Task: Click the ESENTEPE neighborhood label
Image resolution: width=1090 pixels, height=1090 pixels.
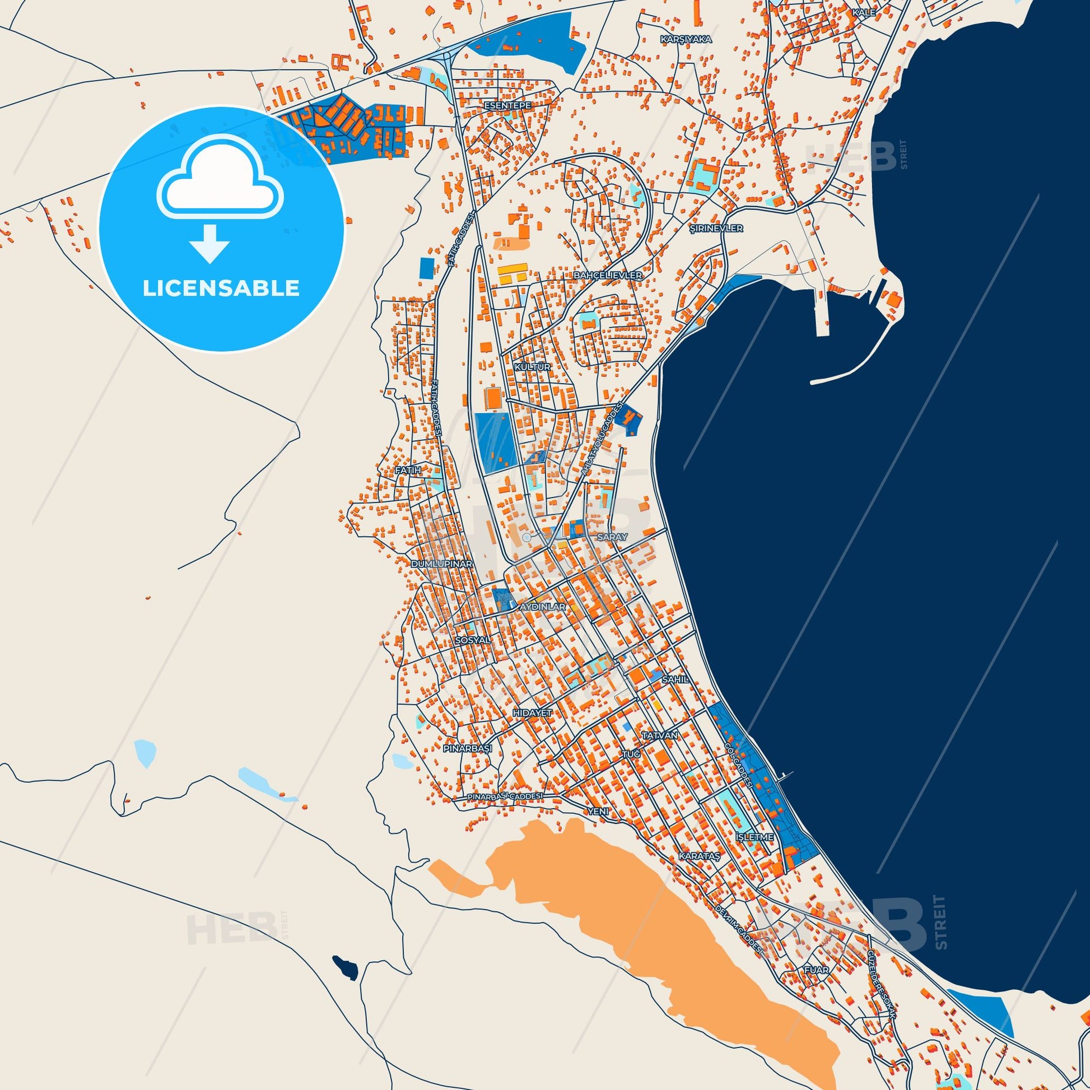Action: [x=504, y=105]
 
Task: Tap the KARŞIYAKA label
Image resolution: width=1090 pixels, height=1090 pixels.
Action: [x=686, y=40]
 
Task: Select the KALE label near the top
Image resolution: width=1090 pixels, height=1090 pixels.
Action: [x=864, y=12]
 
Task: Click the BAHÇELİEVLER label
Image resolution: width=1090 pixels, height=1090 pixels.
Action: [x=608, y=276]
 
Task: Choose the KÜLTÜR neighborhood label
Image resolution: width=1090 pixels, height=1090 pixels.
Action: [x=524, y=367]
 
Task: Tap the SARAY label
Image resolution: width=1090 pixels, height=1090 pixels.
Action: [x=612, y=538]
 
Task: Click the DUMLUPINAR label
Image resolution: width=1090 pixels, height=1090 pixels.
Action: [x=441, y=563]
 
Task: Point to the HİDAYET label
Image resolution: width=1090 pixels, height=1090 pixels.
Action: [x=532, y=713]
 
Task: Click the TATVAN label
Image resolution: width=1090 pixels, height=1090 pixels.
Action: [x=659, y=735]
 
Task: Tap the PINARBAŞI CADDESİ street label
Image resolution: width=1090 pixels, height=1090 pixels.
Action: [x=505, y=796]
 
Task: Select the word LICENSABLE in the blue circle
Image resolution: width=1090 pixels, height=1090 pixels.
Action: [x=221, y=288]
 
